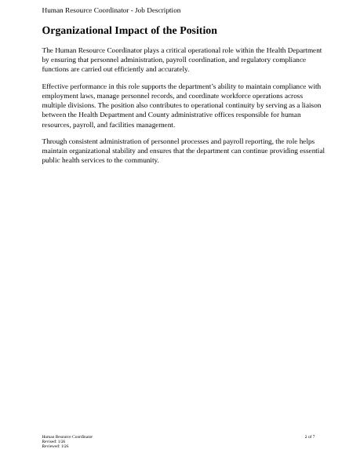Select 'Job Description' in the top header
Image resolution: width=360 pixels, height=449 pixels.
[155, 10]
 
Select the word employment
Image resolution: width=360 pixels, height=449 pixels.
[60, 96]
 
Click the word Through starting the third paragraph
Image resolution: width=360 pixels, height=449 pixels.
[54, 141]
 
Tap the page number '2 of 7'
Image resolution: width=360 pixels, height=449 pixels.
[310, 436]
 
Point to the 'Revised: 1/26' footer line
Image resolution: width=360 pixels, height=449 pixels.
[54, 441]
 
